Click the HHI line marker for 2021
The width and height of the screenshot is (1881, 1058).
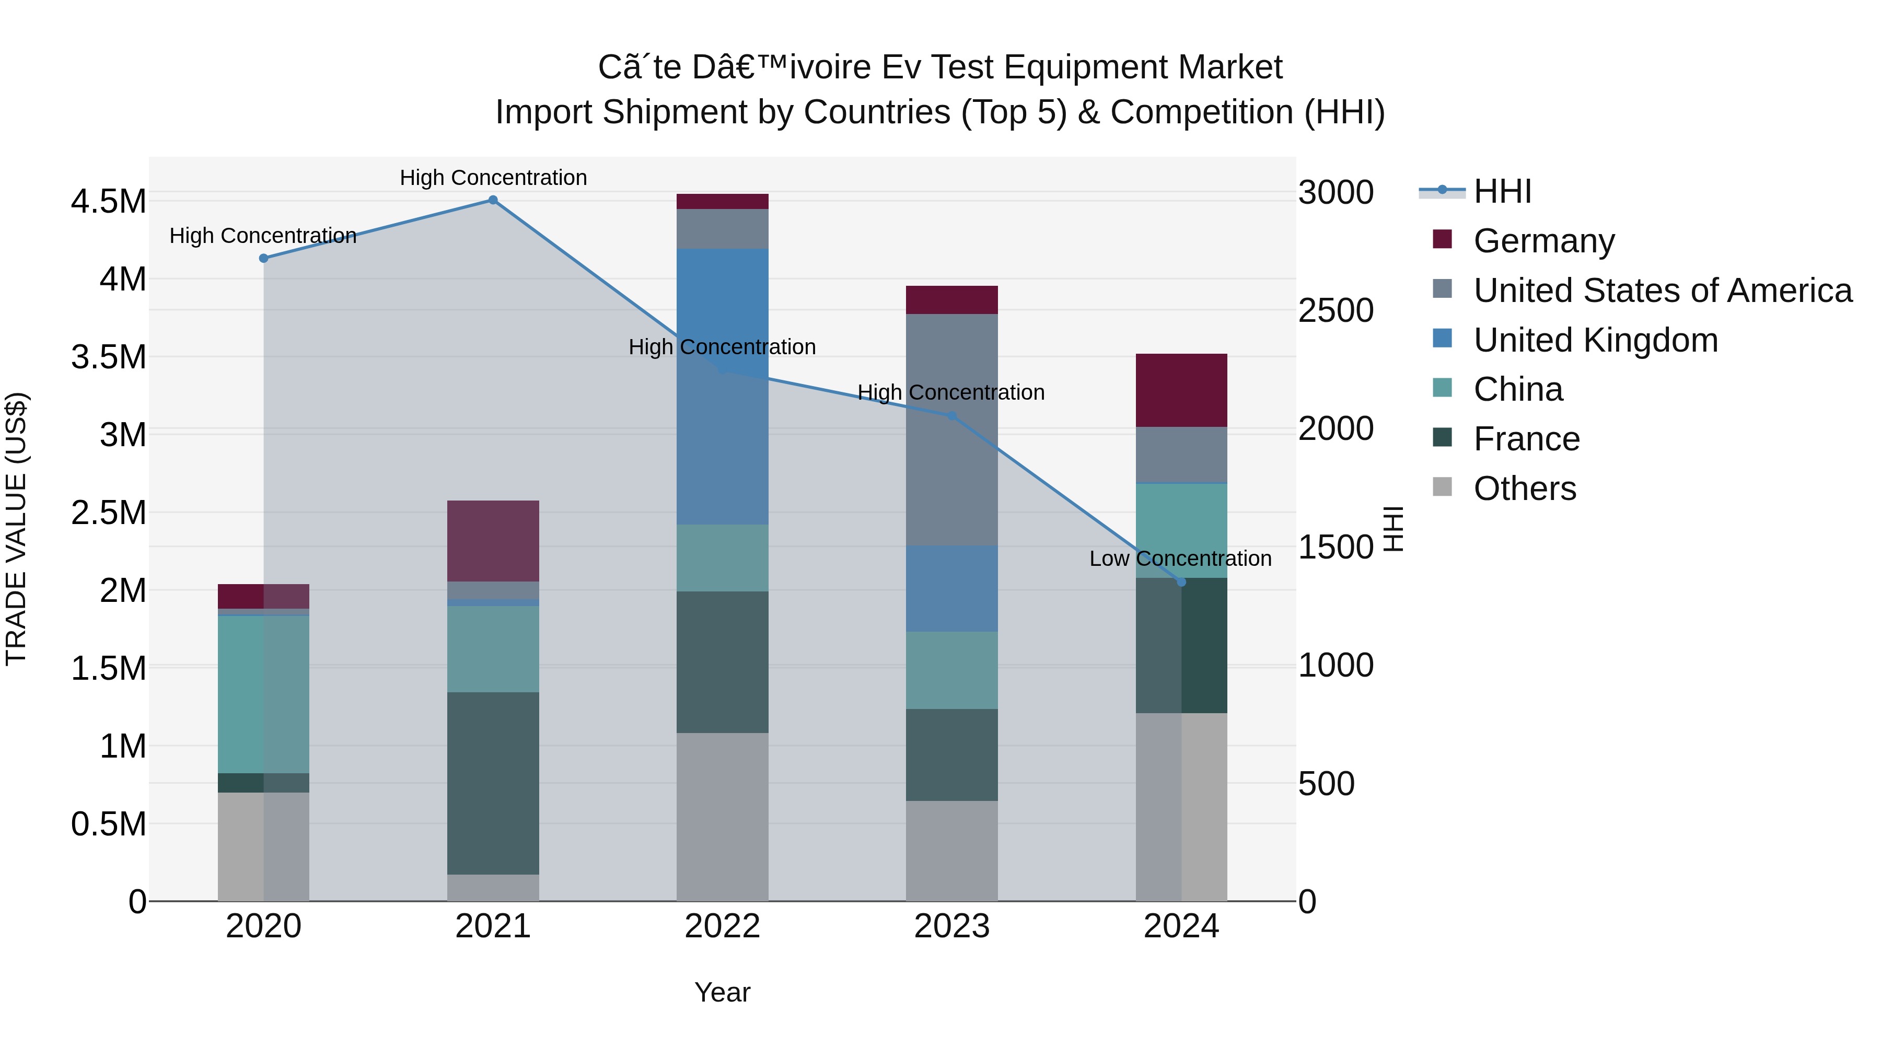(493, 200)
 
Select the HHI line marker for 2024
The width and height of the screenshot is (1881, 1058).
(1181, 582)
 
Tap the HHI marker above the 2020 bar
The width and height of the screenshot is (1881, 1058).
(264, 259)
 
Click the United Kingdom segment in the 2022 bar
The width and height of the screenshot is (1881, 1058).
(722, 387)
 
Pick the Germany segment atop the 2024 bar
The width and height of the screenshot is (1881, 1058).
(1181, 391)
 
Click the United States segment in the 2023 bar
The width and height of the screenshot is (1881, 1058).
(951, 430)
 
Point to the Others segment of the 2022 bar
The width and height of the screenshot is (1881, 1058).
(722, 816)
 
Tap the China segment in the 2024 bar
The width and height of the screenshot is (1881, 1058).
(1181, 531)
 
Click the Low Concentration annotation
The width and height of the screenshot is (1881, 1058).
(1180, 559)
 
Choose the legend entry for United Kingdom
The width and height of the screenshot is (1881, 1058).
(1596, 340)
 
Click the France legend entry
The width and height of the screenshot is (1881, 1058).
(1526, 439)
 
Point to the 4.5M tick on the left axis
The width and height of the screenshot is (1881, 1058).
(108, 202)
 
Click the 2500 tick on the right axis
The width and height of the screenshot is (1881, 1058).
(1336, 310)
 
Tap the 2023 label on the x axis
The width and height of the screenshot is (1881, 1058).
(951, 926)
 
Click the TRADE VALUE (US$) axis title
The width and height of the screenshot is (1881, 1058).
(16, 529)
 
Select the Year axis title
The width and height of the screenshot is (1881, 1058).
(722, 992)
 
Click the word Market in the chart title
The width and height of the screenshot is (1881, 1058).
(1229, 67)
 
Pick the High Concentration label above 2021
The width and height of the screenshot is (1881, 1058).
(493, 178)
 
